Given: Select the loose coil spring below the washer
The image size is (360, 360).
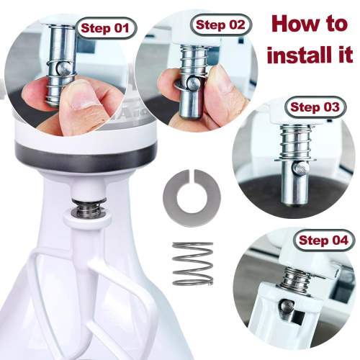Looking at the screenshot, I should [192, 264].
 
